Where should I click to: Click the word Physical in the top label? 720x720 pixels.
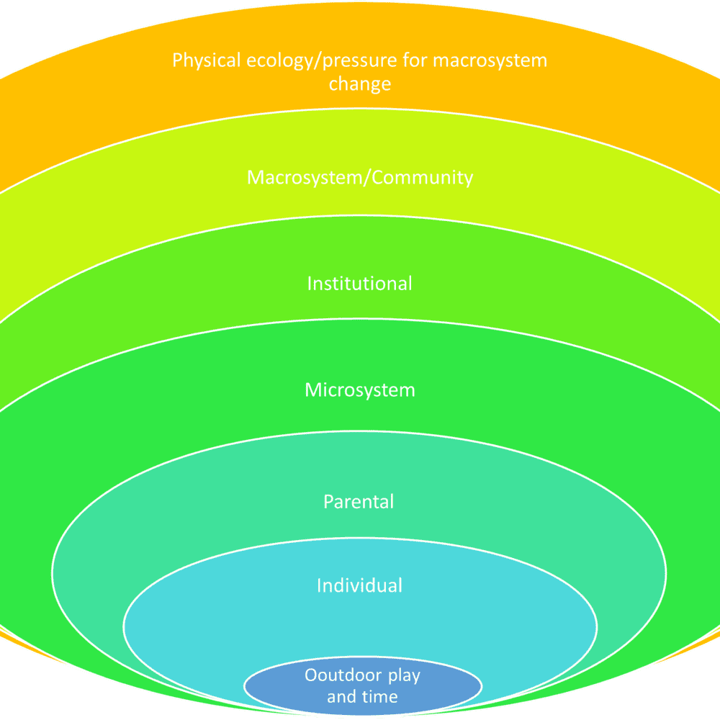[x=203, y=60]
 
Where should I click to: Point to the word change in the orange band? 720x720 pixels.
[x=360, y=84]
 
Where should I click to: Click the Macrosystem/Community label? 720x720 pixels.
[x=360, y=177]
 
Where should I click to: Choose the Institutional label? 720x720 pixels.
[x=360, y=283]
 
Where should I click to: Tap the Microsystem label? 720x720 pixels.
[x=360, y=390]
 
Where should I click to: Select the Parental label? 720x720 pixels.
[x=359, y=501]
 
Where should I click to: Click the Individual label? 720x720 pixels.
[x=359, y=585]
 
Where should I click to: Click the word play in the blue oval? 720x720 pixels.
[x=405, y=677]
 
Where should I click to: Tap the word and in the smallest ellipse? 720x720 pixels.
[x=341, y=696]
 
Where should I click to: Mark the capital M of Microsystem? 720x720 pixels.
[x=312, y=390]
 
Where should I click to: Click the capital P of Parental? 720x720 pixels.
[x=328, y=501]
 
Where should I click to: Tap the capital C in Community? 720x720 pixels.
[x=379, y=177]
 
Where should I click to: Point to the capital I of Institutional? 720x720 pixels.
[x=310, y=283]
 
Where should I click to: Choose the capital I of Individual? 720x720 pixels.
[x=319, y=585]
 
